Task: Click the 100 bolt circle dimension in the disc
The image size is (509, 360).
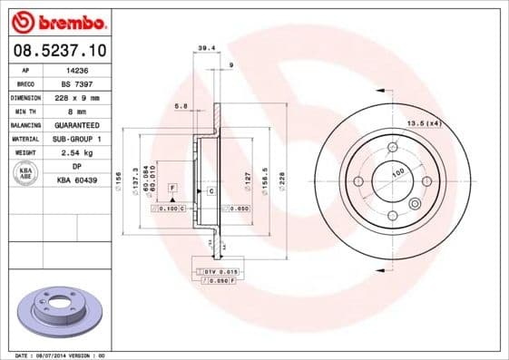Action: pos(397,171)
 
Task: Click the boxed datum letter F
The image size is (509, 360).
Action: pos(171,187)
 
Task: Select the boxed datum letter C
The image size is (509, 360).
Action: pos(211,191)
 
